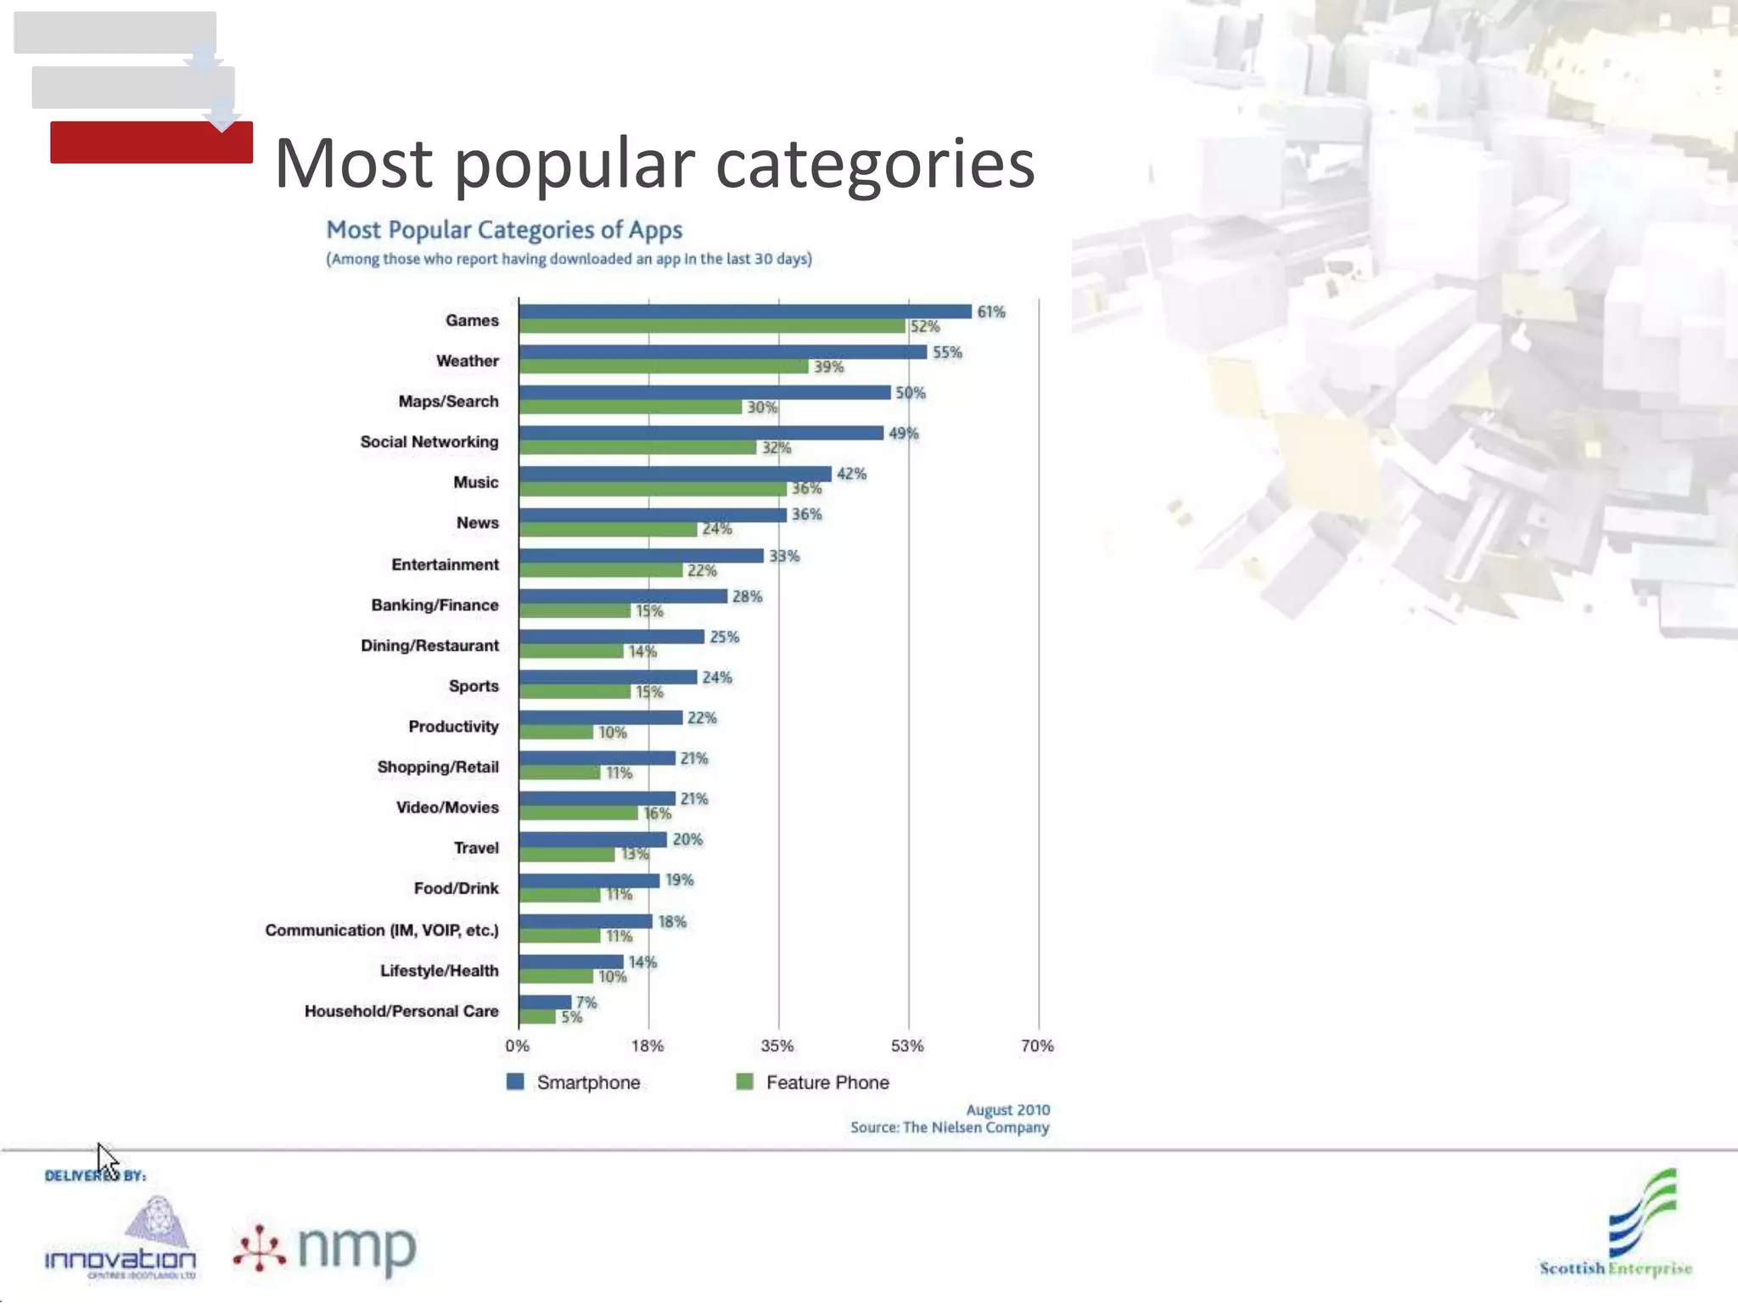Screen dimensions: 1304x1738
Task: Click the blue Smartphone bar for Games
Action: click(x=745, y=312)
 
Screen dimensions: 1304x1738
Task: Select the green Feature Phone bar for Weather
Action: click(x=664, y=367)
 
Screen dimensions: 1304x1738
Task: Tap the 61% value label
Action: click(x=990, y=312)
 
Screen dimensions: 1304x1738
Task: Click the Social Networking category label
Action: click(x=429, y=441)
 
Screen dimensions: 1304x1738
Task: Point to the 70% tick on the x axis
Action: click(x=1037, y=1046)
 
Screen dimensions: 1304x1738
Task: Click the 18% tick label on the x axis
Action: click(x=648, y=1046)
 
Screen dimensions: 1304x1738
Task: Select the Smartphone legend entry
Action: click(x=574, y=1082)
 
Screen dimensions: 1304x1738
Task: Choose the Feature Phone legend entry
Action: click(x=813, y=1082)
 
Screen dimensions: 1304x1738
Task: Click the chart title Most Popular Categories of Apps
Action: click(x=504, y=230)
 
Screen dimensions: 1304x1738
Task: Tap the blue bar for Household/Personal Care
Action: click(x=545, y=1003)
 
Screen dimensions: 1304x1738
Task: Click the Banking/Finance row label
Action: click(x=434, y=605)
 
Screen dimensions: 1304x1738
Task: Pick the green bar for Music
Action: click(x=653, y=489)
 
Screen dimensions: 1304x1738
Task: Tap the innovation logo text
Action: click(x=120, y=1260)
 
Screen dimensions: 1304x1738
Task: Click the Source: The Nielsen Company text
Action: click(x=950, y=1127)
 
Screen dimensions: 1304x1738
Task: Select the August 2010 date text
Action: click(x=1007, y=1110)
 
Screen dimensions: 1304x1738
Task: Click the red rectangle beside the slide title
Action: click(x=151, y=143)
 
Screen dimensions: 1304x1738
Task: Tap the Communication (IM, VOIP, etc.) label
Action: click(x=382, y=930)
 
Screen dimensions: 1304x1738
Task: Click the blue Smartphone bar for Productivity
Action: click(x=601, y=718)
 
